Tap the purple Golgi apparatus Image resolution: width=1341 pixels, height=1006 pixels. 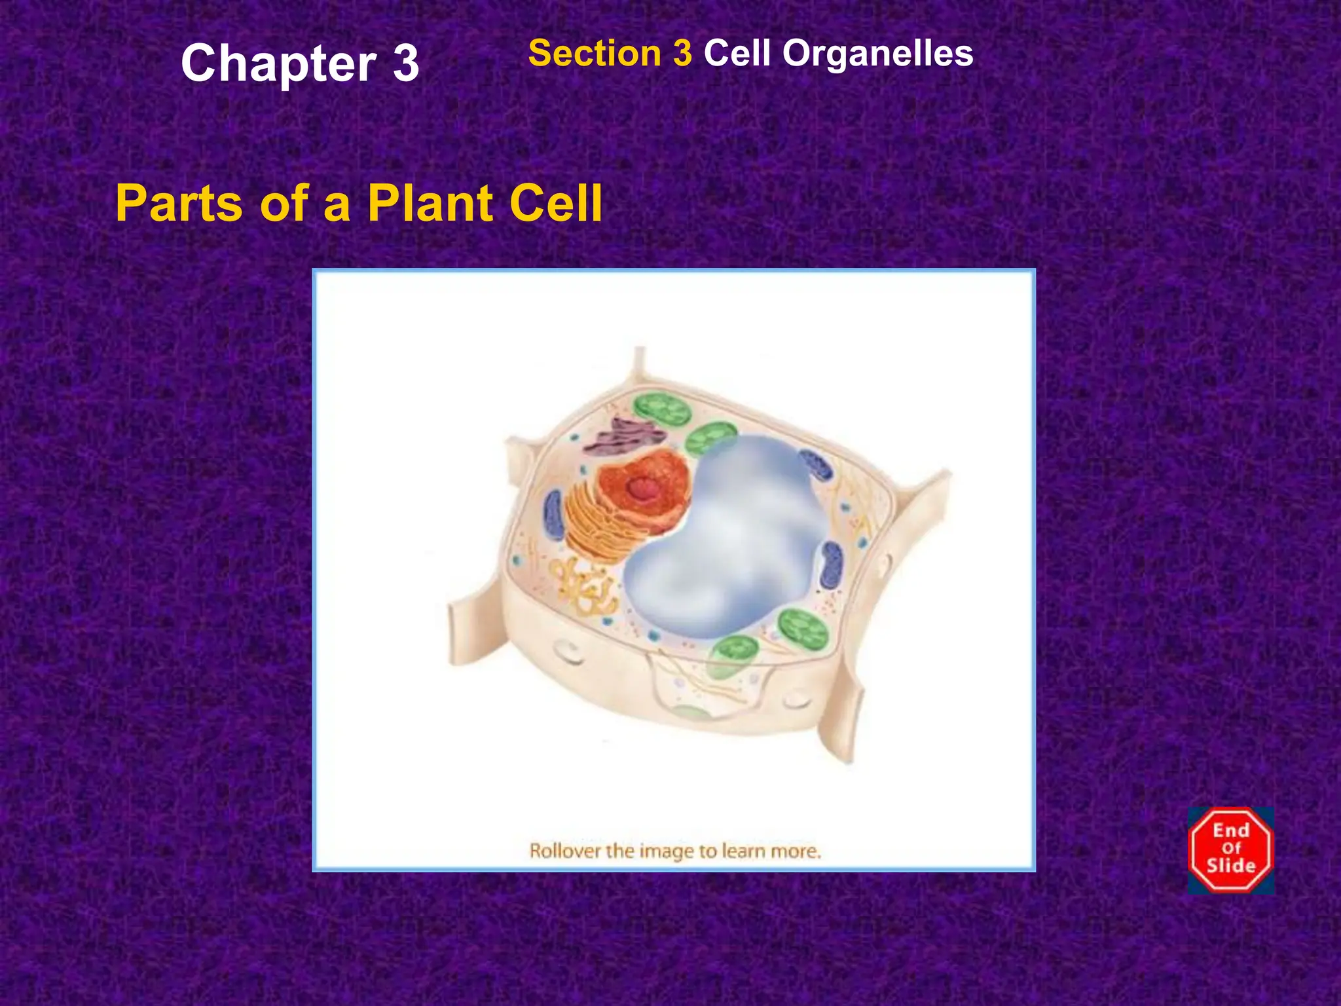tap(622, 436)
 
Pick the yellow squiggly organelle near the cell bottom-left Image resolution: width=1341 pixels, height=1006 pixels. tap(586, 589)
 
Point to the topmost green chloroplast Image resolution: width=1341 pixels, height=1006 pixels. tap(663, 413)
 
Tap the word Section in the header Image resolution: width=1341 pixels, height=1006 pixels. tap(595, 53)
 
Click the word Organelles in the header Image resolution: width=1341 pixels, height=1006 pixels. tap(878, 53)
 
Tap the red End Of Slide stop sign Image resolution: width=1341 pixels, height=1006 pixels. tap(1231, 849)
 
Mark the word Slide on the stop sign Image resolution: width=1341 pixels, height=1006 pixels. tap(1231, 866)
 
